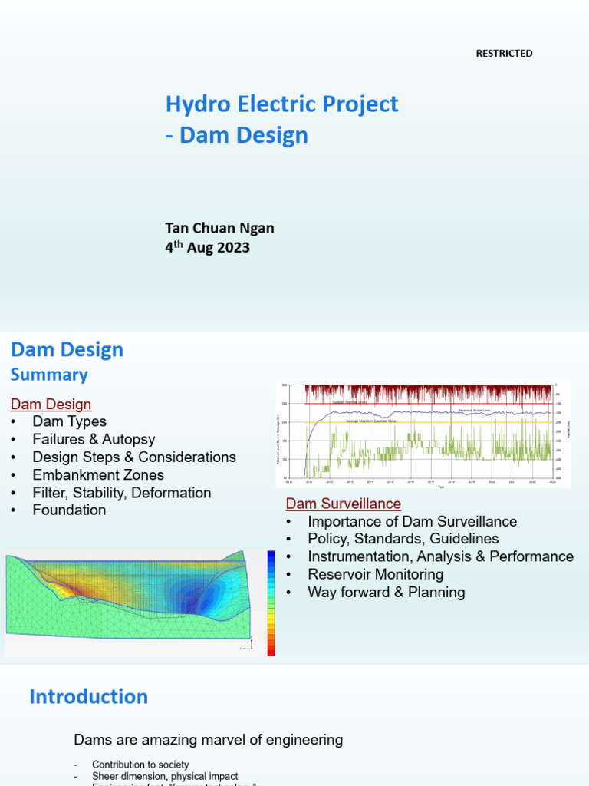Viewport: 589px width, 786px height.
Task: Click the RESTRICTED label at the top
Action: pyautogui.click(x=504, y=53)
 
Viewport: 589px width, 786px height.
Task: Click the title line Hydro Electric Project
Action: pyautogui.click(x=282, y=104)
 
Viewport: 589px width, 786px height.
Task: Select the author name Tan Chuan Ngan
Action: pyautogui.click(x=219, y=228)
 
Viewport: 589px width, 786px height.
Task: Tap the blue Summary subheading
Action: pyautogui.click(x=49, y=375)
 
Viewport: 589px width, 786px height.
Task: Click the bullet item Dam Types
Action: pyautogui.click(x=69, y=421)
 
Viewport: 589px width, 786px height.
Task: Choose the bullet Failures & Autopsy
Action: pyautogui.click(x=94, y=439)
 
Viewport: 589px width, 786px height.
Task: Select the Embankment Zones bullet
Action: pyautogui.click(x=98, y=474)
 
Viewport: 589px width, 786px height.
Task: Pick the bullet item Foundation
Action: pyautogui.click(x=69, y=510)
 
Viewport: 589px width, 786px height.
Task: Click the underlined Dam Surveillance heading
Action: pyautogui.click(x=343, y=504)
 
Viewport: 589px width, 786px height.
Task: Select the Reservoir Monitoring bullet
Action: pyautogui.click(x=375, y=574)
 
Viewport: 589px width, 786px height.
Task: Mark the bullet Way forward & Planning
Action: pyautogui.click(x=386, y=592)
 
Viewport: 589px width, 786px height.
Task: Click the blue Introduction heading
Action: pyautogui.click(x=88, y=696)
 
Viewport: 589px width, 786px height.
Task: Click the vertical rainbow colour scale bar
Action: pyautogui.click(x=271, y=603)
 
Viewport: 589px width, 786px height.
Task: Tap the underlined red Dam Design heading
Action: pyautogui.click(x=51, y=404)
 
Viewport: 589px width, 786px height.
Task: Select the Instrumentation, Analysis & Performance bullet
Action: pyautogui.click(x=440, y=556)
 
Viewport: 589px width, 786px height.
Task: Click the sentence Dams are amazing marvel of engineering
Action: pyautogui.click(x=208, y=740)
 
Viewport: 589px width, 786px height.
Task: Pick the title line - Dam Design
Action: pyautogui.click(x=236, y=135)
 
